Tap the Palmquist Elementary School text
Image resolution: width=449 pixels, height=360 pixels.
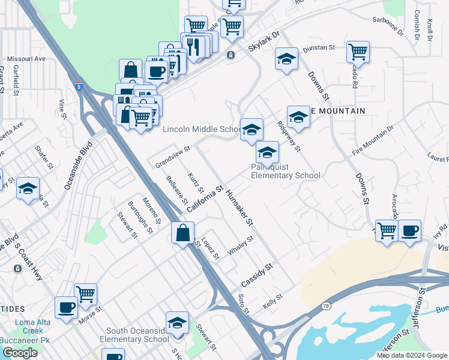point(285,171)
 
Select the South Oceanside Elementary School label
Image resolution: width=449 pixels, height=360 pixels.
point(137,335)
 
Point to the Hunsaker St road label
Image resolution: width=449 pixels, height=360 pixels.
point(239,208)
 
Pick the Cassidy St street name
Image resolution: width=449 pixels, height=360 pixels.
point(257,274)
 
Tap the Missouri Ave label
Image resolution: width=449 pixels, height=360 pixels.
point(26,59)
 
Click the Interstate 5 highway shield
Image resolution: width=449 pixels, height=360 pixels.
point(79,87)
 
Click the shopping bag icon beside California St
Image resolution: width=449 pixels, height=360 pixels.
point(182,233)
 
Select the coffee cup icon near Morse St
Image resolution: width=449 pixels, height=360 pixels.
point(66,307)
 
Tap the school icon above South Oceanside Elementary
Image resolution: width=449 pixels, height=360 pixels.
point(177,323)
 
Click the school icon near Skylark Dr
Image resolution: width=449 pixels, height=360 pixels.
point(286,59)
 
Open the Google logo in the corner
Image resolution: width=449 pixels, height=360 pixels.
point(20,353)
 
